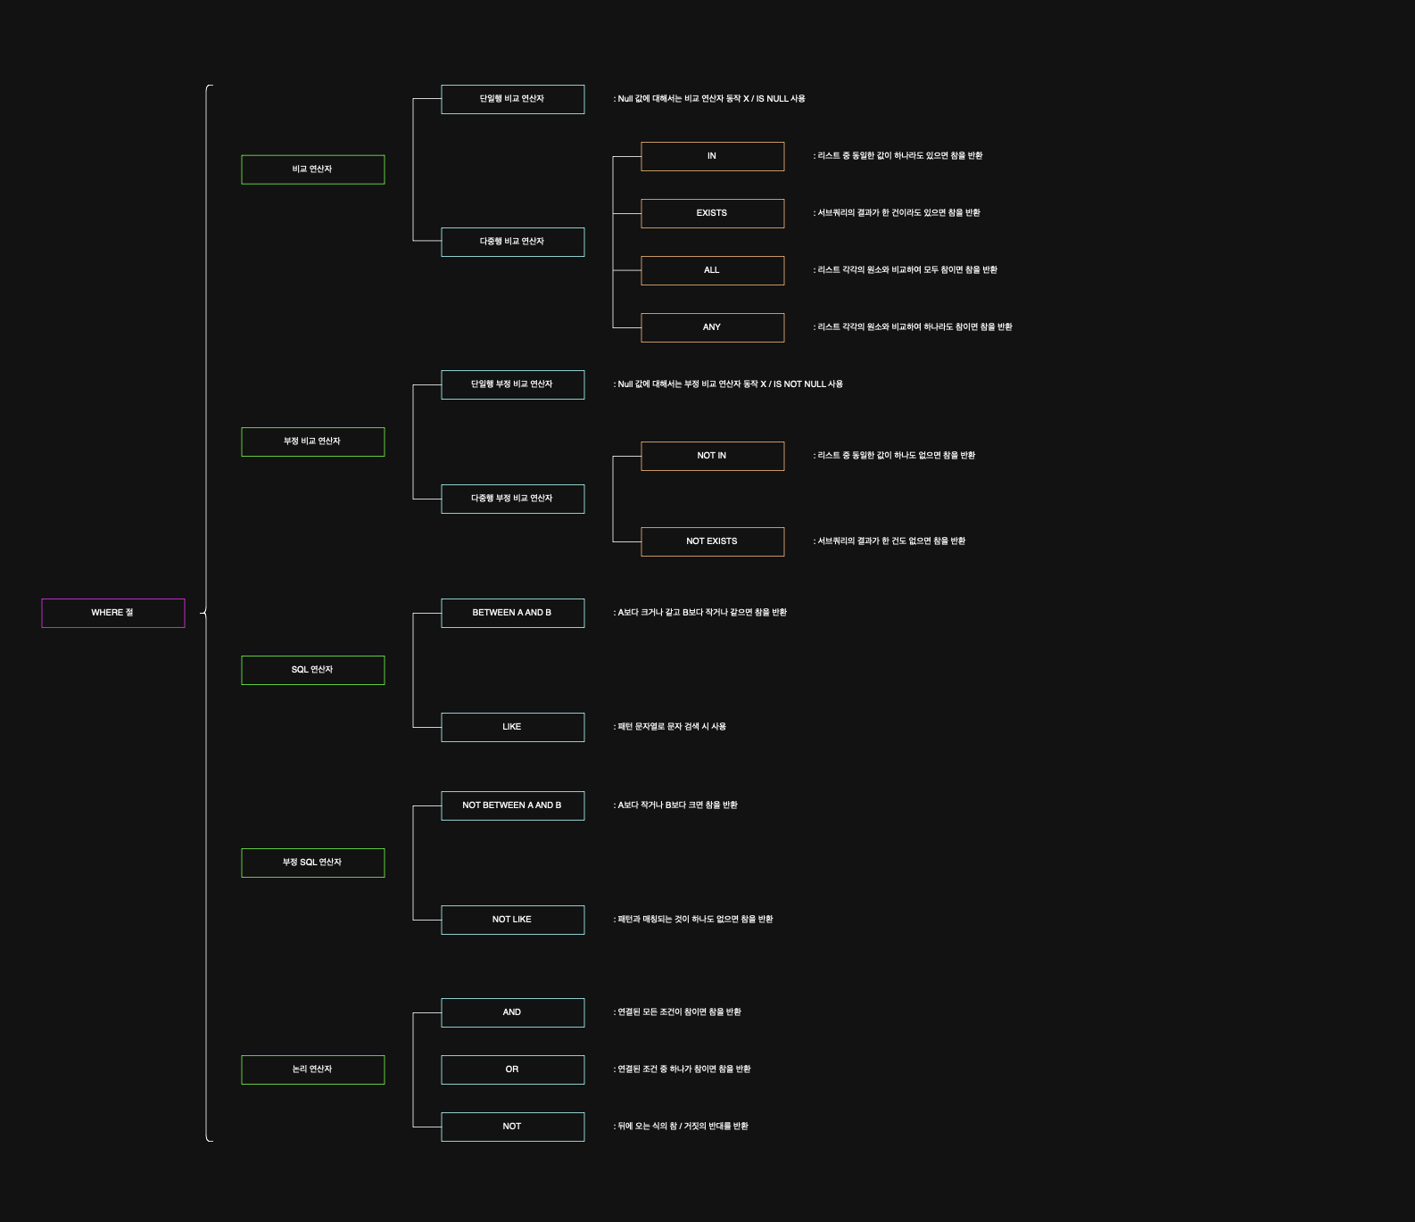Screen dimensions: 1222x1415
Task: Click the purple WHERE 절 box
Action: tap(112, 613)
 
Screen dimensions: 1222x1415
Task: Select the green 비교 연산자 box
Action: tap(312, 169)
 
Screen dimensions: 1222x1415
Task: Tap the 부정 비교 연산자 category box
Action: tap(312, 442)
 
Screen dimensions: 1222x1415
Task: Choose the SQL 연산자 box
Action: tap(312, 670)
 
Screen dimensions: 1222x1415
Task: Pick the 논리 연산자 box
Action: tap(312, 1069)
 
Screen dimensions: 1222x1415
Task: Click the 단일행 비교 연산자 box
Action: tap(512, 99)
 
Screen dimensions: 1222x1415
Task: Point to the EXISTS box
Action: tap(712, 213)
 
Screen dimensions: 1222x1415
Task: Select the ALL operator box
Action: tap(712, 270)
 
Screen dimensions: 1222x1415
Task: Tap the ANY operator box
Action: tap(712, 327)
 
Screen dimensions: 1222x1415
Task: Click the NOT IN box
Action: tap(712, 456)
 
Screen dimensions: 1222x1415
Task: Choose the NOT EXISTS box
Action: tap(712, 541)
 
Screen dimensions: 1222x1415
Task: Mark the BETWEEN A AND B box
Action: tap(512, 613)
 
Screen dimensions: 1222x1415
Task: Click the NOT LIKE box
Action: tap(512, 920)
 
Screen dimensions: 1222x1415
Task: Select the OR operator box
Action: tap(512, 1069)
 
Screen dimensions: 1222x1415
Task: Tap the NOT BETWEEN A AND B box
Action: tap(512, 805)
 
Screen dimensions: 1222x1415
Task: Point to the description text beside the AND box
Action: tap(678, 1012)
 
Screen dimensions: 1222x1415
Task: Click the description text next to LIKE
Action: tap(670, 727)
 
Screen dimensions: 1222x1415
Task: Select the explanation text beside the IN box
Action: tap(898, 156)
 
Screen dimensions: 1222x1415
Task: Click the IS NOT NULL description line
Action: tap(728, 384)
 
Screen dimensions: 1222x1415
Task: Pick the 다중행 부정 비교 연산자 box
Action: tap(512, 499)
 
